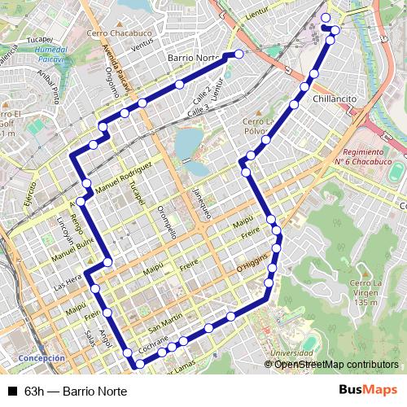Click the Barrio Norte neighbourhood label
[193, 59]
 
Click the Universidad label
[291, 353]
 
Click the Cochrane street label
[153, 345]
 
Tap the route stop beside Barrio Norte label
[239, 54]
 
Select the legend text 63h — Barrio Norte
[76, 391]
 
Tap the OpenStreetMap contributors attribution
[336, 365]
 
